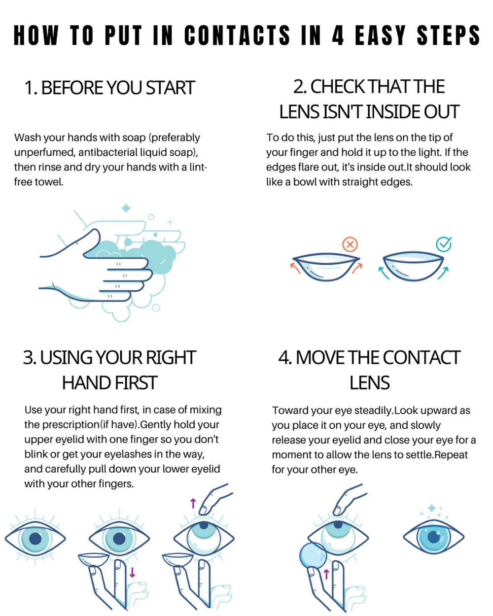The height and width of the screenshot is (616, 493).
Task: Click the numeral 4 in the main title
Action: click(338, 35)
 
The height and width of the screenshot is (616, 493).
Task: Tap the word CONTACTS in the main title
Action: click(237, 35)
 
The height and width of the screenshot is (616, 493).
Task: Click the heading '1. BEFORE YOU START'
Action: click(109, 88)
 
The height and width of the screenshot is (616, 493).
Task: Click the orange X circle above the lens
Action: click(350, 244)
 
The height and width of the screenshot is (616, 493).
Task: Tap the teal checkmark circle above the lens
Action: click(444, 243)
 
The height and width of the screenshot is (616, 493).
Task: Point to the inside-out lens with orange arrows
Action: click(326, 266)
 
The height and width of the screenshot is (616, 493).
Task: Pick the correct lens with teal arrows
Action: click(414, 266)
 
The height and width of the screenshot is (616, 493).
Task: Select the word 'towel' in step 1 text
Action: click(51, 182)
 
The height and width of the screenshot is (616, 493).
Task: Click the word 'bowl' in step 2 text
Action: click(305, 182)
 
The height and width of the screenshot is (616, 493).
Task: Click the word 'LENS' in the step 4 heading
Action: click(369, 383)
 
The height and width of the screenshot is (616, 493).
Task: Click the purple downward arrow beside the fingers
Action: click(132, 573)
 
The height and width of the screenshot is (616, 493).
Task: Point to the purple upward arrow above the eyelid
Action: click(193, 503)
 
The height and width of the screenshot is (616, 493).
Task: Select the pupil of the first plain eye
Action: click(35, 538)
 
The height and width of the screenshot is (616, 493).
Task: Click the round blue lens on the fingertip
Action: click(313, 556)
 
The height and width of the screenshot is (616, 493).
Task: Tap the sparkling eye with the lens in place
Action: click(434, 537)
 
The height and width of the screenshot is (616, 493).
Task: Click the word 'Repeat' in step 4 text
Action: click(451, 455)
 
